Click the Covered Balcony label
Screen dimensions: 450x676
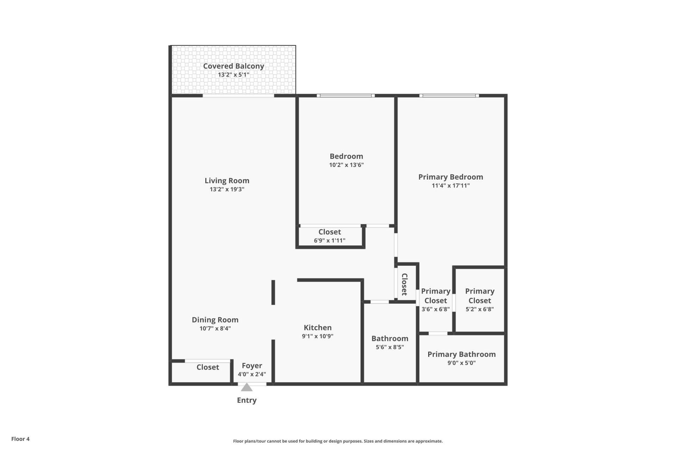tap(233, 66)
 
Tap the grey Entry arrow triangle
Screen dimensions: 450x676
tap(246, 387)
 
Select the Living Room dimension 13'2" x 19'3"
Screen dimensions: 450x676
tap(227, 189)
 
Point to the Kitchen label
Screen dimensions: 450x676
tap(318, 327)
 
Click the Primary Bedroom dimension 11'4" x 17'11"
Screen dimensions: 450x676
tap(451, 186)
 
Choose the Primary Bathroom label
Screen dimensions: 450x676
tap(461, 354)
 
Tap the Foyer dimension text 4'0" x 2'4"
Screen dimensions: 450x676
tap(252, 374)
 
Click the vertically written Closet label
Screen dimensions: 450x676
tap(405, 284)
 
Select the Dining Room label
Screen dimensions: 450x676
tap(215, 320)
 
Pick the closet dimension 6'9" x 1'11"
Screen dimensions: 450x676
tap(330, 240)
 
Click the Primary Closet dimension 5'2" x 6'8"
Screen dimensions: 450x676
tap(480, 309)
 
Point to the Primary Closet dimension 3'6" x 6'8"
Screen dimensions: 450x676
tap(436, 309)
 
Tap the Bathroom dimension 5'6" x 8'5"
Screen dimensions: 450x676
tap(390, 347)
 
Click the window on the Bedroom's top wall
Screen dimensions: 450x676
tap(345, 96)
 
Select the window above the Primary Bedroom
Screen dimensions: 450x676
tap(449, 96)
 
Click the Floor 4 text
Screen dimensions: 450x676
tap(20, 439)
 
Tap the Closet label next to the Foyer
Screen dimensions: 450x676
tap(208, 367)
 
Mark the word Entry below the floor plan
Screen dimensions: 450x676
tap(246, 400)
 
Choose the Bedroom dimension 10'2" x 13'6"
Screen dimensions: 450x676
tap(346, 165)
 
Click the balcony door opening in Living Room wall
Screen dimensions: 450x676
tap(238, 96)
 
